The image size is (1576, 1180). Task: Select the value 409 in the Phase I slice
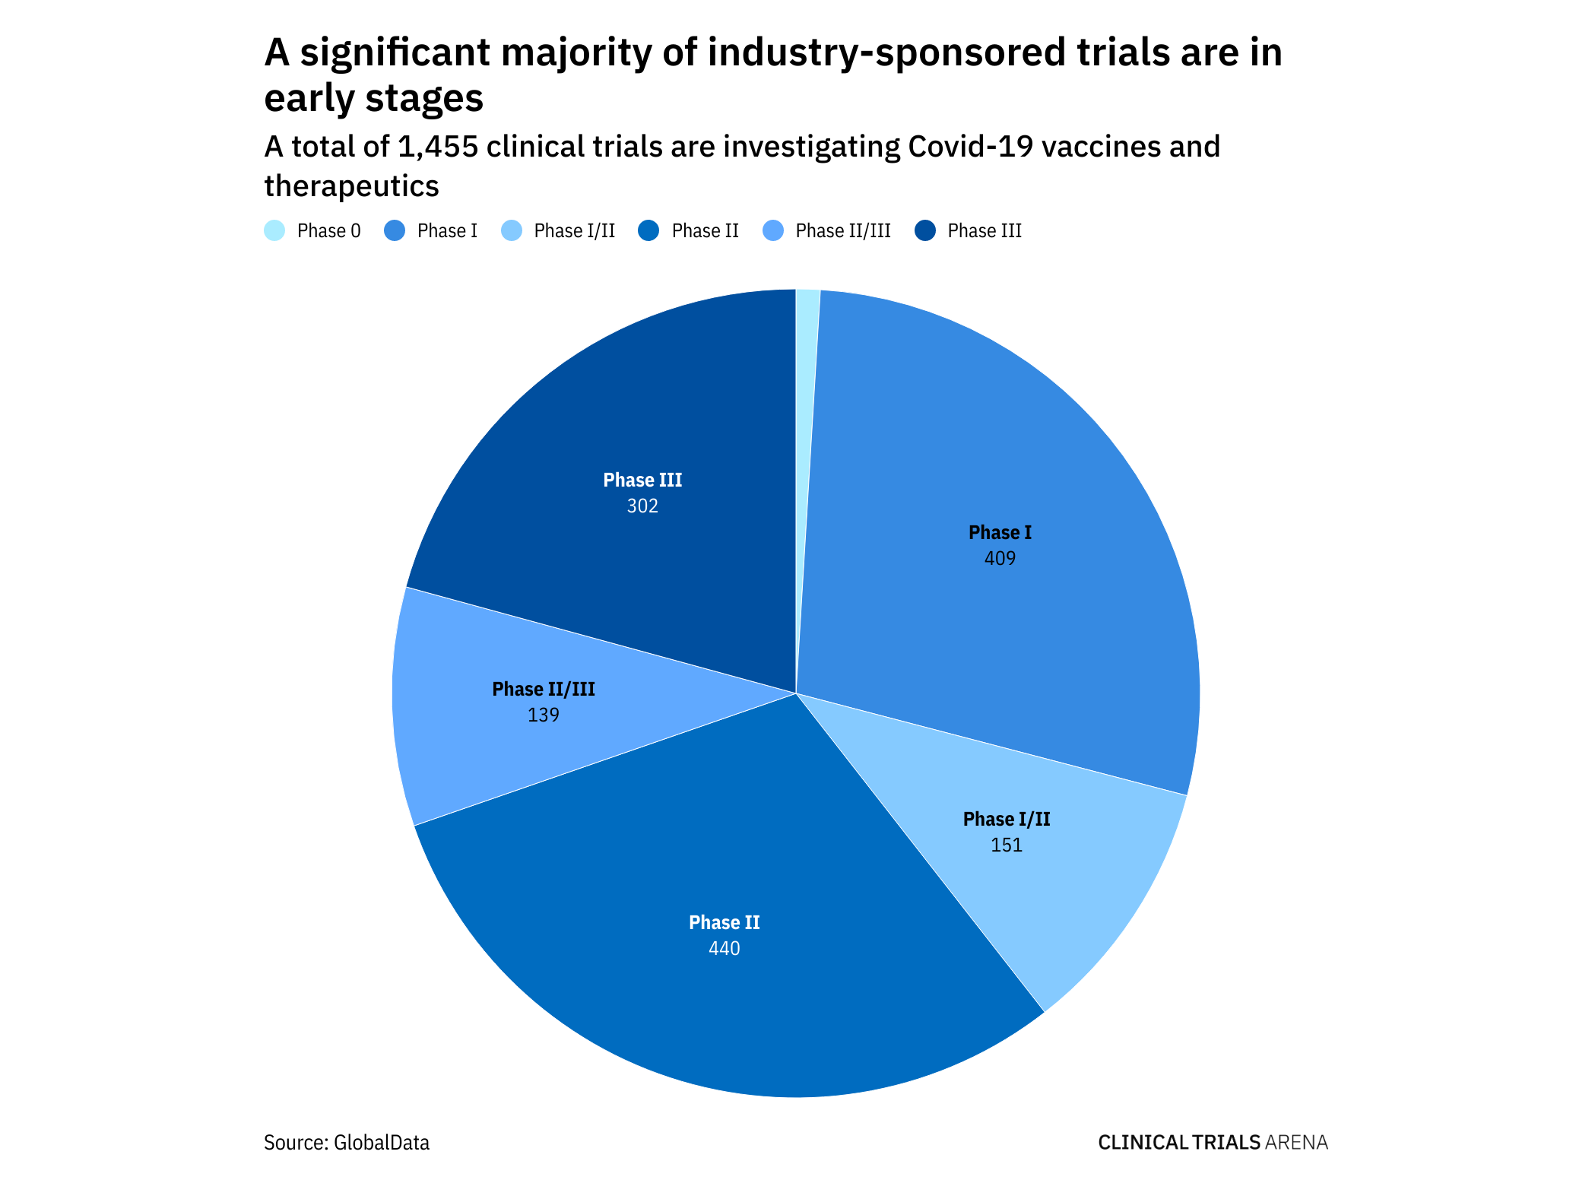(1000, 559)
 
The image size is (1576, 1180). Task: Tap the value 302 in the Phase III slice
(642, 506)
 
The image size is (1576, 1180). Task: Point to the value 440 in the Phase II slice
(724, 949)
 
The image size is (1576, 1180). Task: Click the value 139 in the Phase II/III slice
(544, 715)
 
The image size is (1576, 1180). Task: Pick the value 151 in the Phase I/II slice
(1007, 845)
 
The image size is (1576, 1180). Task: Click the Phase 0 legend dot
(274, 230)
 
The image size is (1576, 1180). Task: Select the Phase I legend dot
(395, 230)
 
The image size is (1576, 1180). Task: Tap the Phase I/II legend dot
(512, 230)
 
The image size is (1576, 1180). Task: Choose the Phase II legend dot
(648, 230)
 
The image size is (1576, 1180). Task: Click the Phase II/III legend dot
(772, 230)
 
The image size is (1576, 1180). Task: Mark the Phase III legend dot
(925, 230)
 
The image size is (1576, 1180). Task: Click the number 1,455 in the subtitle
(438, 147)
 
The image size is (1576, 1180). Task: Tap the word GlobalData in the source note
(382, 1143)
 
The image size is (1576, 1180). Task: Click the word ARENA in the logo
(1297, 1143)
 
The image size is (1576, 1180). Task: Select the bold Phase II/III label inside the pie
(544, 690)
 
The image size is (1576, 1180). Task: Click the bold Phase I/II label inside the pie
(1007, 820)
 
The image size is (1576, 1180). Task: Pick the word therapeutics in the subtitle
(351, 186)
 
